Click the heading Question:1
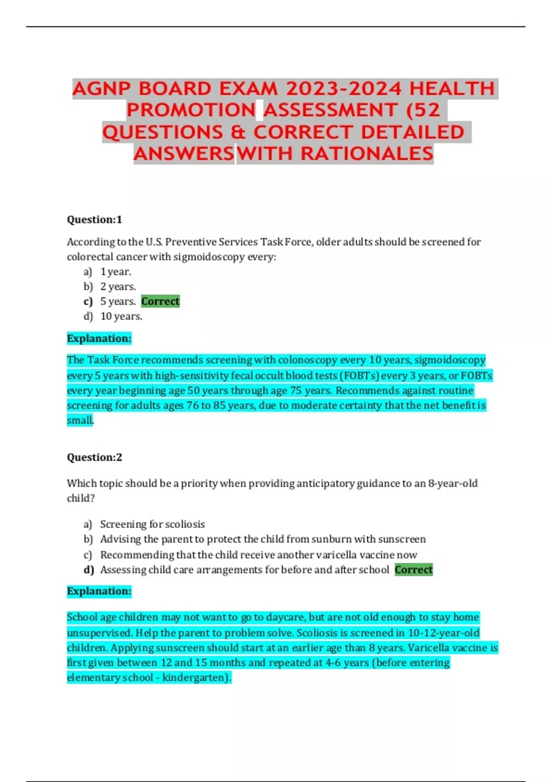pos(94,219)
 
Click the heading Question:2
pos(94,457)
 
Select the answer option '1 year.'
pos(115,271)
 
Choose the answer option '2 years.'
pos(118,287)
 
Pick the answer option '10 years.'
pos(121,316)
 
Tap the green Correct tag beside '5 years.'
pos(160,301)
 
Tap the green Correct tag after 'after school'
pos(414,569)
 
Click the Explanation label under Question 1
pos(99,339)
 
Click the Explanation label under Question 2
pos(99,591)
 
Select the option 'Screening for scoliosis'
pos(152,524)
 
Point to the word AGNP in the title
pos(102,88)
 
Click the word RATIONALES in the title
pos(367,154)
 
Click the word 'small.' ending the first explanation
pos(80,420)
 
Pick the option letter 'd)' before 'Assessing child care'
pos(89,570)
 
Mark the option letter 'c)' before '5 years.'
pos(88,302)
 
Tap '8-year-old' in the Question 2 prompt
pos(453,483)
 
